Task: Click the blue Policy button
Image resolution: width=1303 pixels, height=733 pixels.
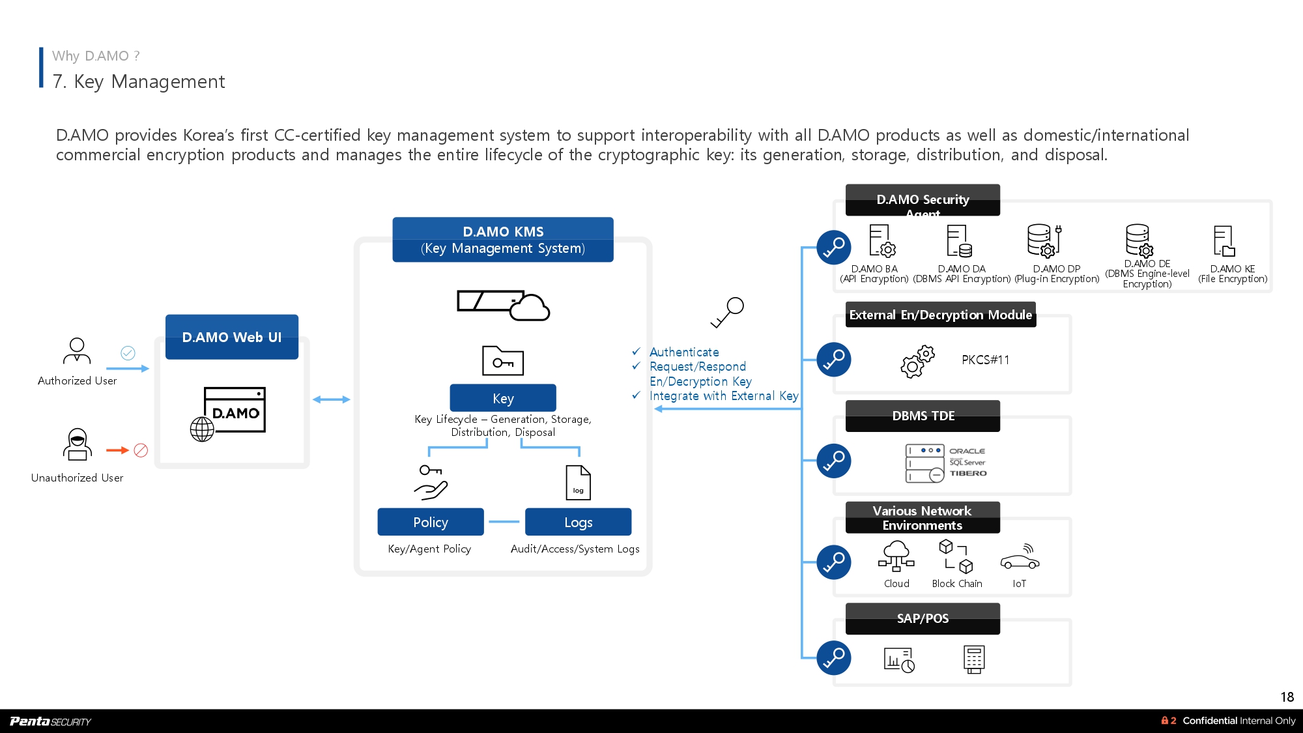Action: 431,522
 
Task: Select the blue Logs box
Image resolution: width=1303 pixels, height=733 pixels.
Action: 578,522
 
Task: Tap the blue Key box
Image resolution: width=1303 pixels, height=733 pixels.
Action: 503,398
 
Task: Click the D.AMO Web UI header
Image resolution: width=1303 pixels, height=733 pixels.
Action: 232,337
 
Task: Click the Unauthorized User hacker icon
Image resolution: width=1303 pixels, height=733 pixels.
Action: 77,444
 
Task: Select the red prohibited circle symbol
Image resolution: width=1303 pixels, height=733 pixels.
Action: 141,450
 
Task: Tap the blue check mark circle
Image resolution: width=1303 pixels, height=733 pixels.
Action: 128,352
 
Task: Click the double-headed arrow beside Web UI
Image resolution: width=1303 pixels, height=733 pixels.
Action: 332,399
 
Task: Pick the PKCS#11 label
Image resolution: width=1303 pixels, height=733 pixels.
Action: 985,360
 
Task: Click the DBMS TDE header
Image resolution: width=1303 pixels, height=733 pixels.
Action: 923,416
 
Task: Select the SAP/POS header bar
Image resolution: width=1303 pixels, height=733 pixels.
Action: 923,618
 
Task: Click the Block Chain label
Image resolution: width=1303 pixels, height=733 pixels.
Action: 956,584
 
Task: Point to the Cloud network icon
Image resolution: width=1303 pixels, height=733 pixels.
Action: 896,556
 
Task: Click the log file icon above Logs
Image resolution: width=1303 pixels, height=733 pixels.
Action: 579,483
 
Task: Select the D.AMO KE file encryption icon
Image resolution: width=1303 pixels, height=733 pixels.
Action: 1224,241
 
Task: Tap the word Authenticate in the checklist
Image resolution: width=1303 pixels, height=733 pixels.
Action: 684,352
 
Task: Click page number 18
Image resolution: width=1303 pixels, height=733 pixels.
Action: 1287,697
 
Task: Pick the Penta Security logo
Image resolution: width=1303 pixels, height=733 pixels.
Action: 51,721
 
